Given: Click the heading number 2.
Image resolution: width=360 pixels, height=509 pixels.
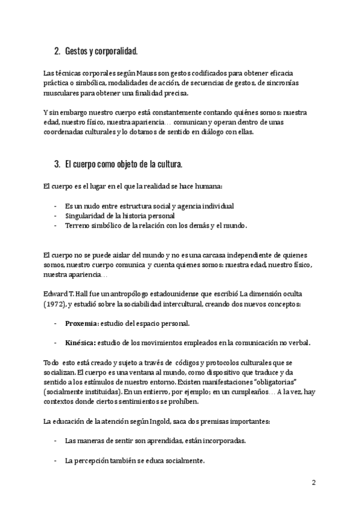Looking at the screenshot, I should coord(57,52).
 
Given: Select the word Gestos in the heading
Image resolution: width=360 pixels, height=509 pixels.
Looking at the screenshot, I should coord(78,52).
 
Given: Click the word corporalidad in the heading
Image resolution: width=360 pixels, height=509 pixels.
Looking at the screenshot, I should coord(122,52).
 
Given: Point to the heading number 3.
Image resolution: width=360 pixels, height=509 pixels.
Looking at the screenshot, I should coord(57,164).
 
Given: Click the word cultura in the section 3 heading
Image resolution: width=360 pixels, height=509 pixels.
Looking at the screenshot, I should coord(169,164).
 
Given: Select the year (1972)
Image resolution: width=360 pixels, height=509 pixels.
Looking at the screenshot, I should coord(56,306).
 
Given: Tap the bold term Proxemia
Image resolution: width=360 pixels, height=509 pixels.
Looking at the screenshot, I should coord(82,324).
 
